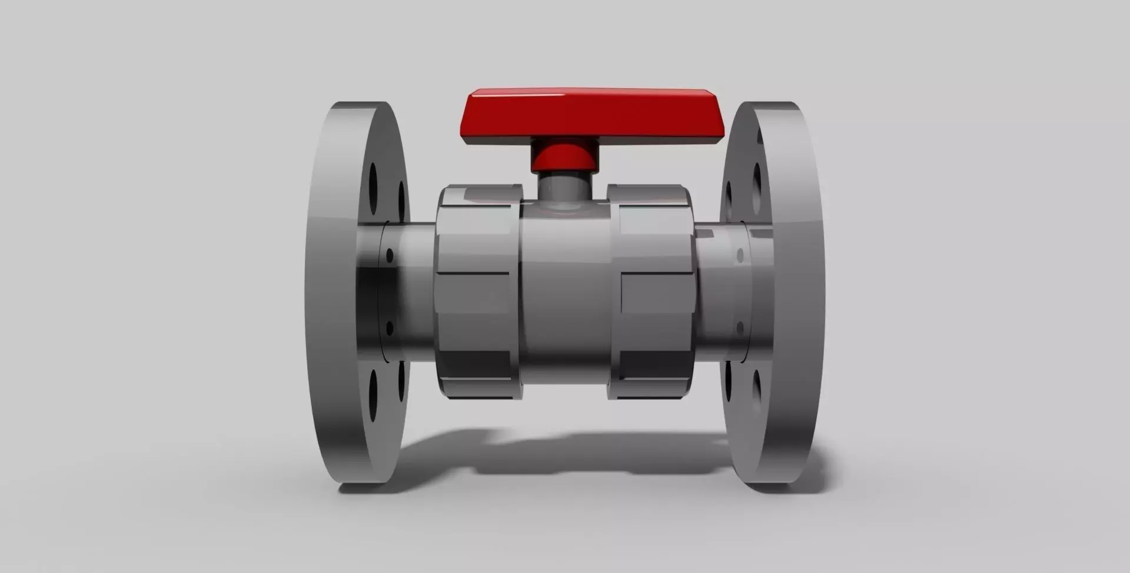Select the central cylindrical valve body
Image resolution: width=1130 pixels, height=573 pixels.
(x=565, y=294)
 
